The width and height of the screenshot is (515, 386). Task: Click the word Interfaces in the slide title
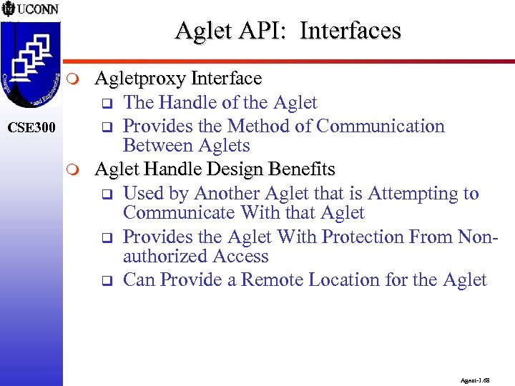pos(350,31)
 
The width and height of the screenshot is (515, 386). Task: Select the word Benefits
pos(301,170)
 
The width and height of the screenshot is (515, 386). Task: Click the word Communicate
pos(180,213)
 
